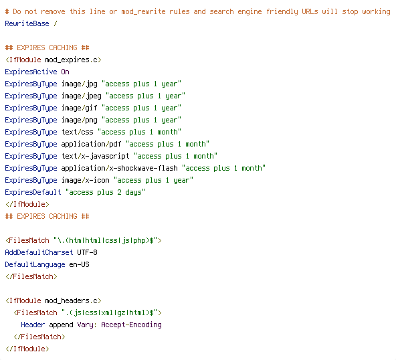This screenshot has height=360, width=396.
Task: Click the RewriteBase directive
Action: [27, 23]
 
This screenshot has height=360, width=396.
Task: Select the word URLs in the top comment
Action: [310, 11]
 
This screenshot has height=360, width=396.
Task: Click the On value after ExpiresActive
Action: [65, 72]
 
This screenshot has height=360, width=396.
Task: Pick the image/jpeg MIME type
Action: [82, 96]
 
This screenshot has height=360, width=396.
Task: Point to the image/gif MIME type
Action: [80, 108]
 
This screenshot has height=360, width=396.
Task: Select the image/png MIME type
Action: [80, 120]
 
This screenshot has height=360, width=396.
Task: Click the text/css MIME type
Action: [78, 132]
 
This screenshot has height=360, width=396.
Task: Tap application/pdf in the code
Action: [91, 145]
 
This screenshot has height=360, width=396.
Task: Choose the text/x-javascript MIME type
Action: [96, 157]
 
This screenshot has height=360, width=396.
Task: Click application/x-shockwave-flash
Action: [120, 168]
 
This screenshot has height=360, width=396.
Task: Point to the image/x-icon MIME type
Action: [86, 180]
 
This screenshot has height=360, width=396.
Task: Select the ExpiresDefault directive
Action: [33, 192]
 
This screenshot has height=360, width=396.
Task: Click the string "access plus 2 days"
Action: [105, 192]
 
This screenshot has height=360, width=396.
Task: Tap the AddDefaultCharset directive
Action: [39, 252]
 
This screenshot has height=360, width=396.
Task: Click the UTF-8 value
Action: [87, 252]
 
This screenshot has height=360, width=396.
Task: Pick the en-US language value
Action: [79, 264]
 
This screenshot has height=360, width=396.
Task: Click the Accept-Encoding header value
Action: [131, 325]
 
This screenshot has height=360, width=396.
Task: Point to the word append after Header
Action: [61, 325]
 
